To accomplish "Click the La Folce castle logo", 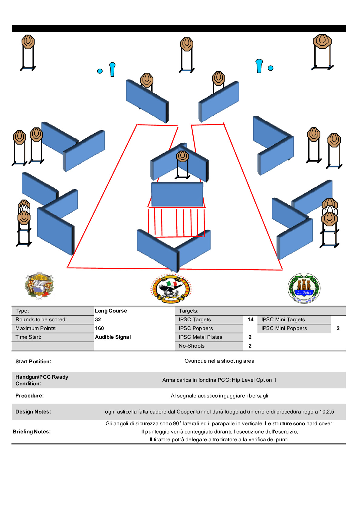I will click(304, 288).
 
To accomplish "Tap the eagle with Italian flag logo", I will click(171, 288).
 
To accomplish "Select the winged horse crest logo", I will click(39, 285).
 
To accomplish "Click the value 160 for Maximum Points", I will click(99, 328).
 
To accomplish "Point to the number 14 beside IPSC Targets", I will click(250, 319).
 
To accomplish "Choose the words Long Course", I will click(111, 311).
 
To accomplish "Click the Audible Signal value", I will click(113, 337).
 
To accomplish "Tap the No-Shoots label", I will click(191, 346).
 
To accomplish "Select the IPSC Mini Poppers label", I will click(284, 328).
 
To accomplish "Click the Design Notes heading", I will click(33, 412).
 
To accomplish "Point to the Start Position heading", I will click(33, 361).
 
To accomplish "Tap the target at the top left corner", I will click(28, 42).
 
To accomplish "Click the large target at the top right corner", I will click(322, 41).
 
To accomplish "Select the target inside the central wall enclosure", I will click(182, 157).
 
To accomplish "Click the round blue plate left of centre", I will click(100, 71).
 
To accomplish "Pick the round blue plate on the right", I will click(270, 68).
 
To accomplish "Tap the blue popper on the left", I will click(112, 69).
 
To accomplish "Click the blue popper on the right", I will click(259, 66).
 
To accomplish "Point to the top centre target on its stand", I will click(187, 44).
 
